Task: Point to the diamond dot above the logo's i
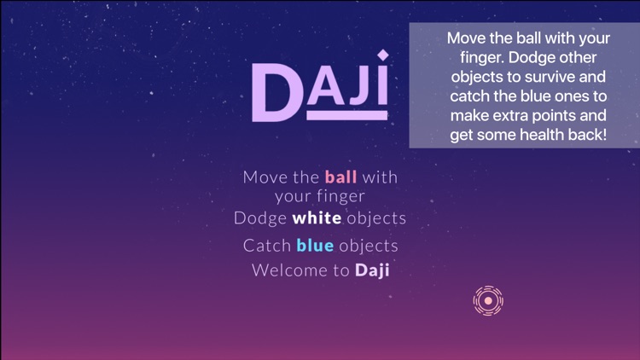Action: [383, 56]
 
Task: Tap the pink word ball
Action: [340, 177]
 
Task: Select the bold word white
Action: [317, 218]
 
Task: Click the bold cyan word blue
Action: [315, 246]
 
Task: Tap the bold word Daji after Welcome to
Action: [372, 271]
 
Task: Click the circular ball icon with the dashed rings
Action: [488, 300]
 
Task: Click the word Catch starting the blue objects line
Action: [267, 246]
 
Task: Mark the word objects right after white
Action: [376, 218]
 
